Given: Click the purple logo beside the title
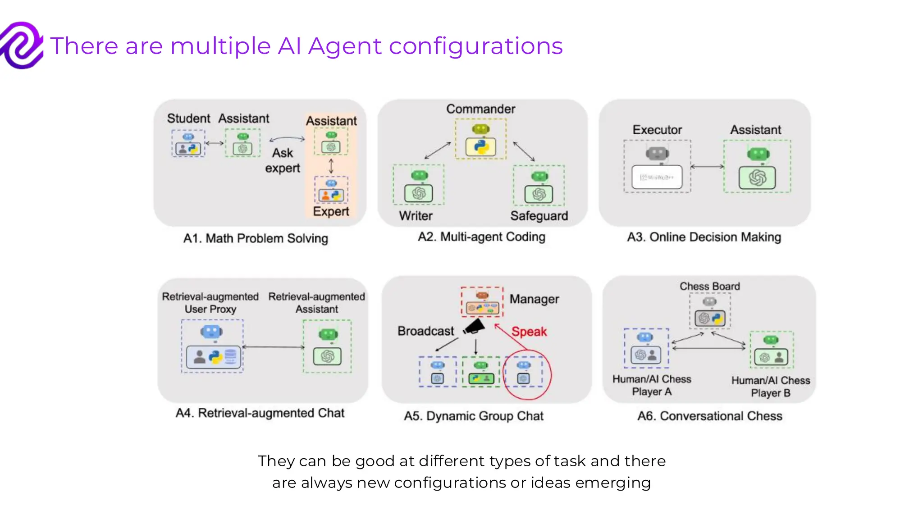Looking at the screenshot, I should [22, 46].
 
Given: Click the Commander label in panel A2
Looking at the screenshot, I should [480, 109].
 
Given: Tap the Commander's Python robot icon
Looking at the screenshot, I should [480, 140].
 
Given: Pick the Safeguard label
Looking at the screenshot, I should [539, 216].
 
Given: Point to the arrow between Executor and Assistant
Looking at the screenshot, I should [707, 167].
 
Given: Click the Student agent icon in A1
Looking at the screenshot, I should [188, 144].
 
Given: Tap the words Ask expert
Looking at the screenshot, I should [283, 160].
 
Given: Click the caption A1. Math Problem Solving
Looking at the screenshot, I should [256, 238].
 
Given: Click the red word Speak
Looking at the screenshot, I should [529, 332].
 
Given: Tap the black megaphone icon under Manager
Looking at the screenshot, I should [474, 327].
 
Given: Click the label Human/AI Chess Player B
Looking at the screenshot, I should [770, 387].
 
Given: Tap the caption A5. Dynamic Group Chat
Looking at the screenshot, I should [474, 416].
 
